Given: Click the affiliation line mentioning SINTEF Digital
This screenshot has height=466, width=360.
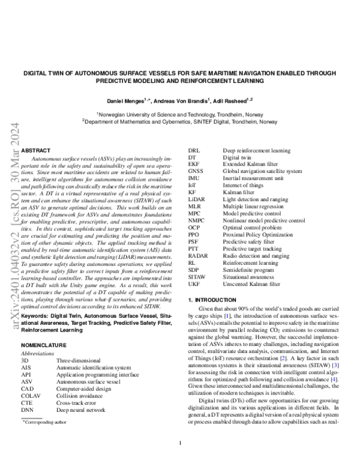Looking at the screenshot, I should click(x=180, y=121).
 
